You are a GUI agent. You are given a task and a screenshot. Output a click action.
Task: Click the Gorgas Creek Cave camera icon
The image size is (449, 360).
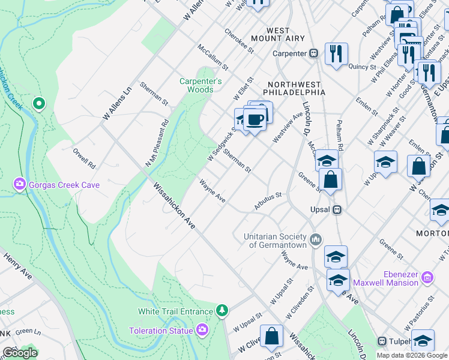click(19, 184)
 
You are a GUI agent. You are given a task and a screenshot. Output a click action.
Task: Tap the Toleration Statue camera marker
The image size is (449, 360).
click(202, 330)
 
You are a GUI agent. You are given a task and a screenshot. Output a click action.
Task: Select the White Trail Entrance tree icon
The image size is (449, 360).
click(223, 311)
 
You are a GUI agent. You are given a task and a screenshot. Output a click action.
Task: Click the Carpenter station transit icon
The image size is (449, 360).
click(313, 53)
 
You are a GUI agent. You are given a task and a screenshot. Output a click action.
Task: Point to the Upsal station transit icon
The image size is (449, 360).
click(337, 210)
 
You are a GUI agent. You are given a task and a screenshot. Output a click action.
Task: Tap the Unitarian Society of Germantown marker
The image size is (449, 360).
click(316, 241)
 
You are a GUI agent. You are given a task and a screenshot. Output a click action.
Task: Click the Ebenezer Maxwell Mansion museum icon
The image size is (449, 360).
click(427, 277)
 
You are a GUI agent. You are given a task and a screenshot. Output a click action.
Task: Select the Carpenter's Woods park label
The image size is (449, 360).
click(200, 85)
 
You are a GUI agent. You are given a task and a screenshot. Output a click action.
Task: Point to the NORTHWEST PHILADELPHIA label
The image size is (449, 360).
click(297, 88)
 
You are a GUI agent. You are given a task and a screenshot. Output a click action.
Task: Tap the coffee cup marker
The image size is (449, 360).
click(255, 118)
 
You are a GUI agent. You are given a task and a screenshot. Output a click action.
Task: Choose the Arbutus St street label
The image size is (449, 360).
click(267, 200)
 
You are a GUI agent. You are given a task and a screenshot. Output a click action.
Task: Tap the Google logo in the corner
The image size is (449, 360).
click(19, 353)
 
